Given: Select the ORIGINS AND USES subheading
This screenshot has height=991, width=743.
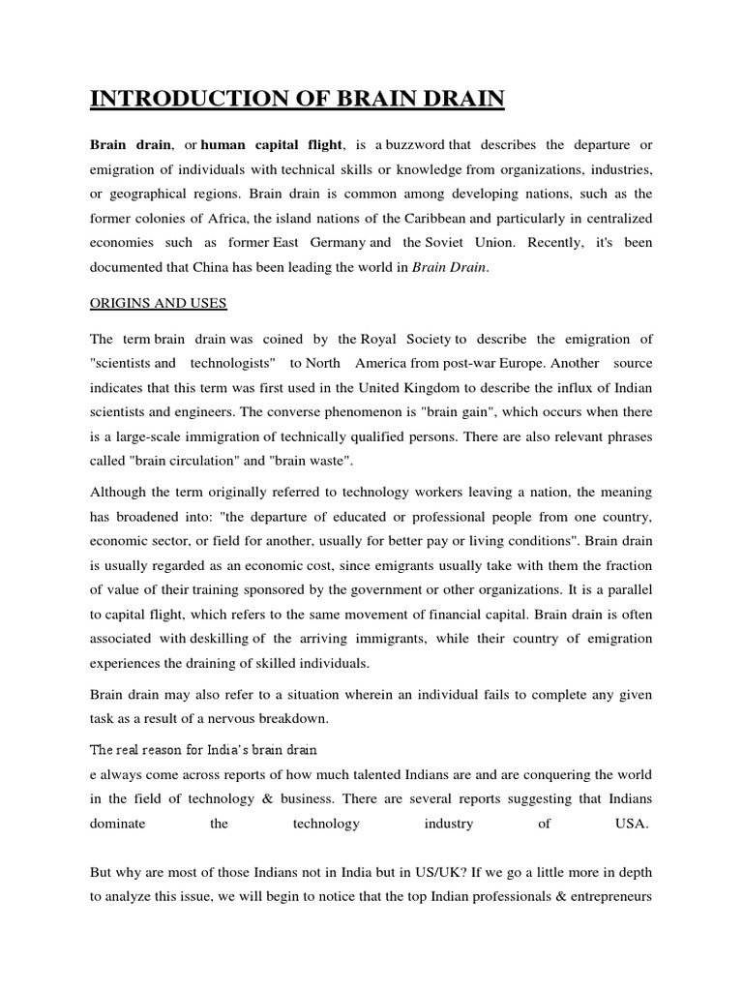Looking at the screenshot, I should pos(159,304).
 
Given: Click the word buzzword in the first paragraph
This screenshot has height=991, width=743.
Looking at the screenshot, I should pos(411,145).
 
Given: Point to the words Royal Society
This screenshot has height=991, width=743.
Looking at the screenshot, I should pos(406,339).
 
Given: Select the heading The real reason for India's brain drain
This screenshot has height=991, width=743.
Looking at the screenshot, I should pos(204,750).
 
